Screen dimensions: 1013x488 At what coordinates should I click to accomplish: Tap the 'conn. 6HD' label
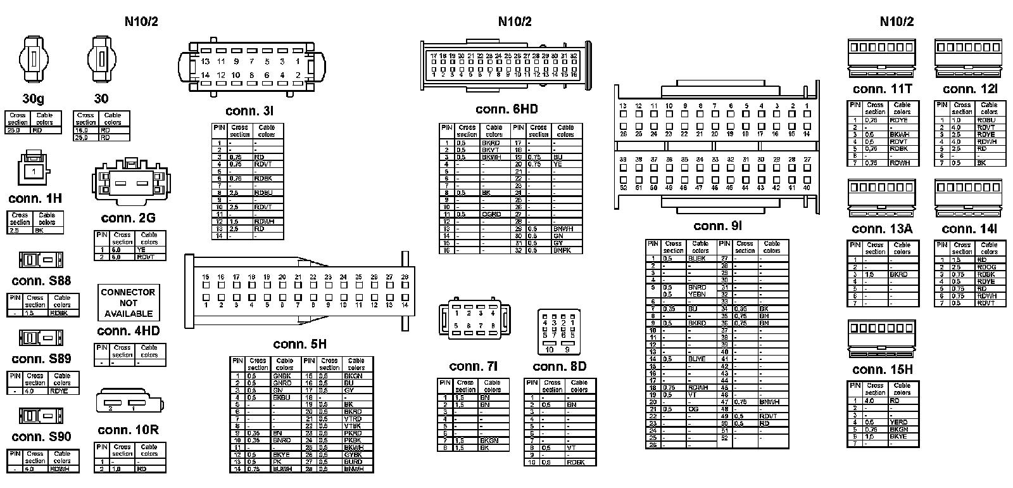507,110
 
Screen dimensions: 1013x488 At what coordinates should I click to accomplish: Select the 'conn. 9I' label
717,226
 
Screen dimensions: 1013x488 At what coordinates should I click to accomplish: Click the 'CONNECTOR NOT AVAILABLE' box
128,303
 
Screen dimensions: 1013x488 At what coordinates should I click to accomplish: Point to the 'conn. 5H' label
299,344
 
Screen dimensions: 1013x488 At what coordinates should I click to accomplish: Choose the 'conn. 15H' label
882,369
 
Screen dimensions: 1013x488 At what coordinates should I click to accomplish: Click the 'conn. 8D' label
559,366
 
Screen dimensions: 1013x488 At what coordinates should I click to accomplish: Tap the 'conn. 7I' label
473,366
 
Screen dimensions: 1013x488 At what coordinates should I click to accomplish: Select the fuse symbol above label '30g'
34,60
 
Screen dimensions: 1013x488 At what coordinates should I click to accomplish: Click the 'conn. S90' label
41,437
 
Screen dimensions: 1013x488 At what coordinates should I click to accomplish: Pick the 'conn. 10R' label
128,430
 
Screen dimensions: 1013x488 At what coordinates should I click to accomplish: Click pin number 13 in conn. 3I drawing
205,61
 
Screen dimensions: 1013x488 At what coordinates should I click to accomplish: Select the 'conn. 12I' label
969,89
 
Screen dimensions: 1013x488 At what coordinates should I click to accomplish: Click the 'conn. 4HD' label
128,331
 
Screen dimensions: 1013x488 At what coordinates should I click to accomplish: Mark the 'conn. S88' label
41,281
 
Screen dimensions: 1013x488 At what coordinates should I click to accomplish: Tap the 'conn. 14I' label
969,229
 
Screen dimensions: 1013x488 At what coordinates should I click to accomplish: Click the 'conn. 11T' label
882,89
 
